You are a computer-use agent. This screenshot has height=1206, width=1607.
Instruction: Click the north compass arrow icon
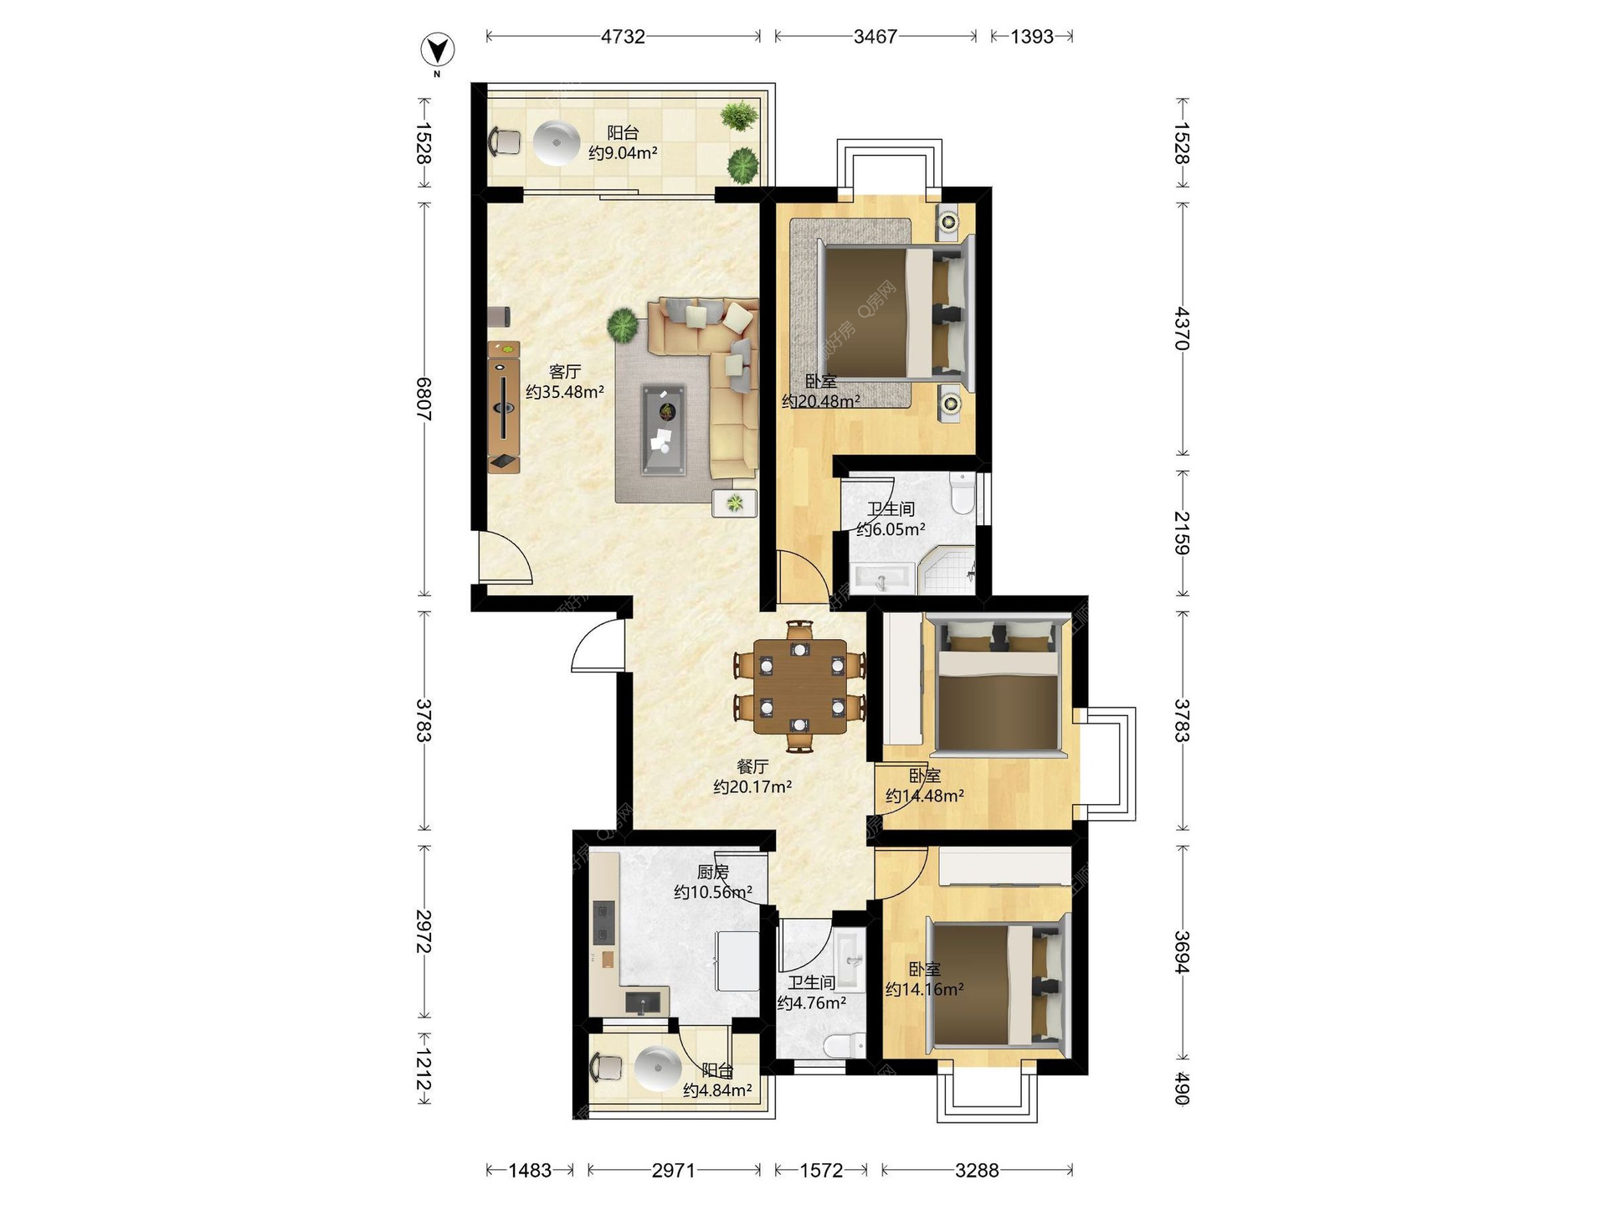[437, 51]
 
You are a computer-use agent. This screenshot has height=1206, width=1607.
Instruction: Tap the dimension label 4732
[623, 37]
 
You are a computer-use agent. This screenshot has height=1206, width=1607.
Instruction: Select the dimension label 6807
[424, 399]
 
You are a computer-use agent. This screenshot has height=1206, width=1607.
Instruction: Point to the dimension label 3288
[977, 1170]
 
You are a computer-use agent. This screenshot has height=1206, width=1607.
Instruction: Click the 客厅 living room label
[565, 371]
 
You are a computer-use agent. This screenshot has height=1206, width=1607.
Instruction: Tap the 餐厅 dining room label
[752, 766]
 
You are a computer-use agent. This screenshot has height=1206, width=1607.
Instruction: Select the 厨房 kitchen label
[712, 872]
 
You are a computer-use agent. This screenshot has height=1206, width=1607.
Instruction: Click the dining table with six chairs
[799, 686]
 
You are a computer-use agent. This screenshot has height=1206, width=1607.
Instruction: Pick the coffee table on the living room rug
[664, 430]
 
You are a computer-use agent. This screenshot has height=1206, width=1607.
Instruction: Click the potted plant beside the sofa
[623, 325]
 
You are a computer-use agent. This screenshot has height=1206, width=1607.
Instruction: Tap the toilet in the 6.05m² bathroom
[963, 492]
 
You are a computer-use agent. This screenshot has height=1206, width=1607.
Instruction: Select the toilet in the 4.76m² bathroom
[844, 1045]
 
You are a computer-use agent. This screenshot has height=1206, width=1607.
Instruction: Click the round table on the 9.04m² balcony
[557, 142]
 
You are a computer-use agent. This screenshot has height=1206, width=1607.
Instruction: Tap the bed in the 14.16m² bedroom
[999, 985]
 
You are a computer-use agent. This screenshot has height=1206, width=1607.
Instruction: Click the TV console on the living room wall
[504, 407]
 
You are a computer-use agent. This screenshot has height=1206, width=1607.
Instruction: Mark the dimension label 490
[1181, 1088]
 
